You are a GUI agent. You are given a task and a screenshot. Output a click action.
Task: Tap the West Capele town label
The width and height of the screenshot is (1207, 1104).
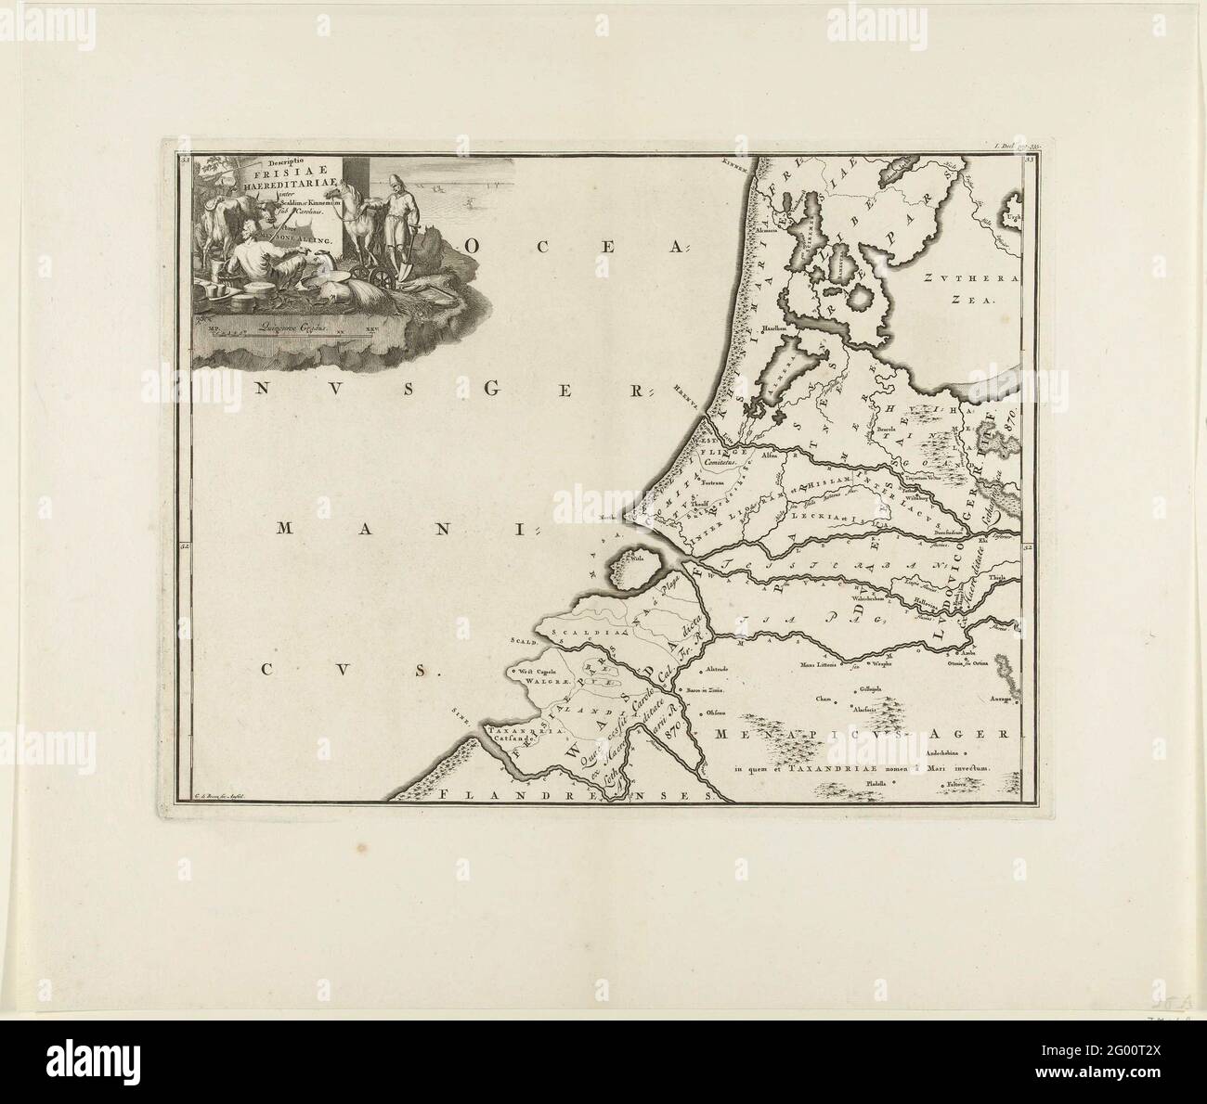(536, 668)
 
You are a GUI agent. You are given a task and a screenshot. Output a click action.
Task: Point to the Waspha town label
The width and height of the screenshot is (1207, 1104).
(881, 663)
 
